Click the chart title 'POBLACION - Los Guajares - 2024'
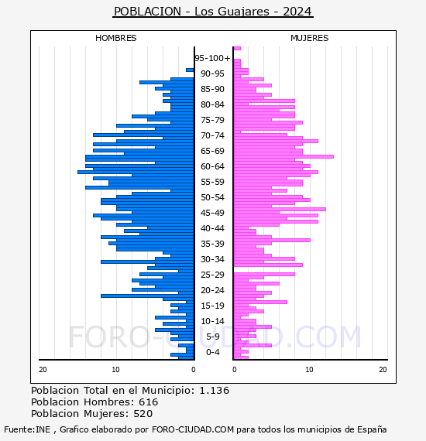(213, 12)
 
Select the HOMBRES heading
(115, 38)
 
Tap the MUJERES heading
(310, 38)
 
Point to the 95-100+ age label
(212, 58)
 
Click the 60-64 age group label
(212, 166)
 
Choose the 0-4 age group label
(212, 352)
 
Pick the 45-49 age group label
(212, 213)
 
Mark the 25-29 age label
(212, 275)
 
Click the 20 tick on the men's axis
(43, 370)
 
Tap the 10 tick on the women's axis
(309, 370)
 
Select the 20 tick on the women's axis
(383, 370)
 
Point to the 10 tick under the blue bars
(115, 370)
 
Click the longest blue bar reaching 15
(136, 172)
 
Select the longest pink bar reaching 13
(283, 156)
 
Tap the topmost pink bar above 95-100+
(237, 49)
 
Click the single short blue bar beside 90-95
(190, 70)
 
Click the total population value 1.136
(215, 391)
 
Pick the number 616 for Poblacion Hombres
(149, 402)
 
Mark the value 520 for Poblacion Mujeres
(143, 414)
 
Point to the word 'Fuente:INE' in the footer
(27, 429)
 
